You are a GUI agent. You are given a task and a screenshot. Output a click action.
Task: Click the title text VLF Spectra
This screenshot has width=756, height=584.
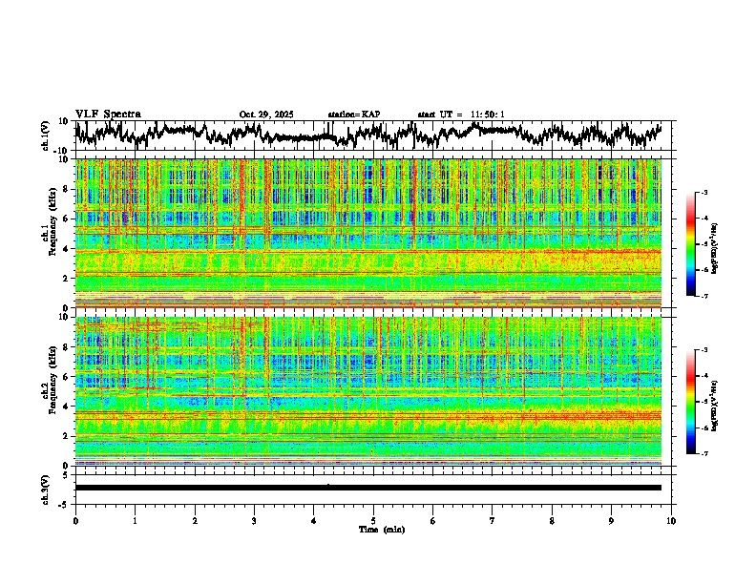(x=108, y=115)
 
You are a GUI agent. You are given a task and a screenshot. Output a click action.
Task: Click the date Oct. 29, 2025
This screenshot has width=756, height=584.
(x=266, y=115)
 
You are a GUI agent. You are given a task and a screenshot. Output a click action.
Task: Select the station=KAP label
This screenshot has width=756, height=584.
(x=354, y=115)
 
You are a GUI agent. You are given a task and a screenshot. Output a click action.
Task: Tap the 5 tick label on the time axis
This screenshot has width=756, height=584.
(x=373, y=520)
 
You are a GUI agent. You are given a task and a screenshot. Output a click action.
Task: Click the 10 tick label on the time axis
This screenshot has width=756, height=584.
(x=671, y=520)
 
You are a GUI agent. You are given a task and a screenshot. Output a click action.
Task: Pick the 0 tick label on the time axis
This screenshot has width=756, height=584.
(x=75, y=520)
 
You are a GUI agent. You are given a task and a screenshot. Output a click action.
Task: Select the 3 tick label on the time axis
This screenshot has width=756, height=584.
(x=254, y=520)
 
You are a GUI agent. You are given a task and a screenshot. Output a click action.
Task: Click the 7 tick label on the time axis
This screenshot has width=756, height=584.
(x=493, y=520)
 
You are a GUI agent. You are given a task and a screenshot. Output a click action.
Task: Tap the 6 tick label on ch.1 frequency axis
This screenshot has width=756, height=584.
(x=67, y=219)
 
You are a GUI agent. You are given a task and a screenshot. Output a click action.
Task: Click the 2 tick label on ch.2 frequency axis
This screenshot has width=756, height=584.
(x=67, y=436)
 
